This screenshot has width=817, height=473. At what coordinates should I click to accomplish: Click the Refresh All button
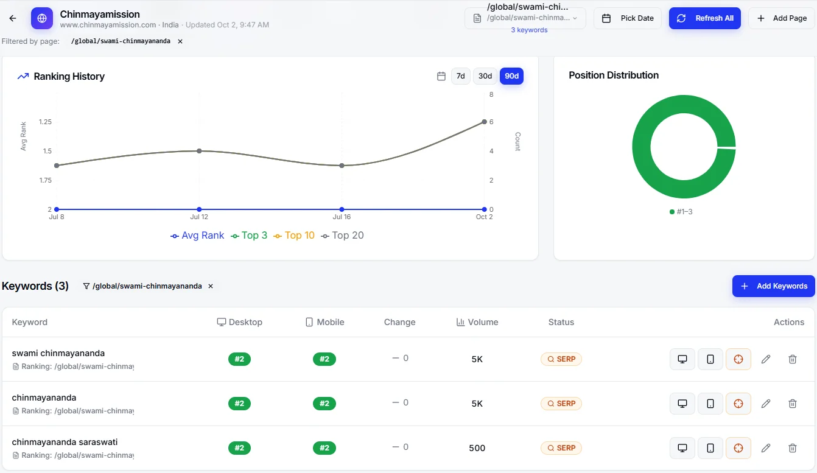704,18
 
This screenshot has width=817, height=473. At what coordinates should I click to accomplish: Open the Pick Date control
627,18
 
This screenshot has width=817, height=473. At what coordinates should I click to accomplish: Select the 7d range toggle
461,76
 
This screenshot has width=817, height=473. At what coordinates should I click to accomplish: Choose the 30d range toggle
485,76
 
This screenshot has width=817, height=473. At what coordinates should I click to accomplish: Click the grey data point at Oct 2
484,122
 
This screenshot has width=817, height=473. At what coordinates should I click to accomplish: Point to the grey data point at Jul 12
199,151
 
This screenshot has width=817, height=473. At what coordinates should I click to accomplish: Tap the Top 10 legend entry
294,236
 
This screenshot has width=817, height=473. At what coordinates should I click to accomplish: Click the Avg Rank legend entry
197,236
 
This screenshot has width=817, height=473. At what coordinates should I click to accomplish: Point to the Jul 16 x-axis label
342,217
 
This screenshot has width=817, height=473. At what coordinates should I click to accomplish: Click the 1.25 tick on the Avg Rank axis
45,122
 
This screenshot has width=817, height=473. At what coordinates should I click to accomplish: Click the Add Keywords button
773,286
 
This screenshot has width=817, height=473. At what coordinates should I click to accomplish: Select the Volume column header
477,322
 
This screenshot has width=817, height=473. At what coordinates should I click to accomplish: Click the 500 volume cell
477,448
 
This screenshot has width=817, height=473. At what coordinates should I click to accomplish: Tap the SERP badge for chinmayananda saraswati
561,448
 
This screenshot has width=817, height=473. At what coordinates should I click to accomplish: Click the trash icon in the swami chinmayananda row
793,359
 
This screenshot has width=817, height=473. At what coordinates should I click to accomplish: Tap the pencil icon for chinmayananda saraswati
766,448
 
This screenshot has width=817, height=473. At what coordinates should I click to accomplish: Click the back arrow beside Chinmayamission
13,18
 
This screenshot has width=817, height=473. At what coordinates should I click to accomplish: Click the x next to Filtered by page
180,41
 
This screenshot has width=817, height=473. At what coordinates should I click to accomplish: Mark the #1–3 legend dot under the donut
672,212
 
